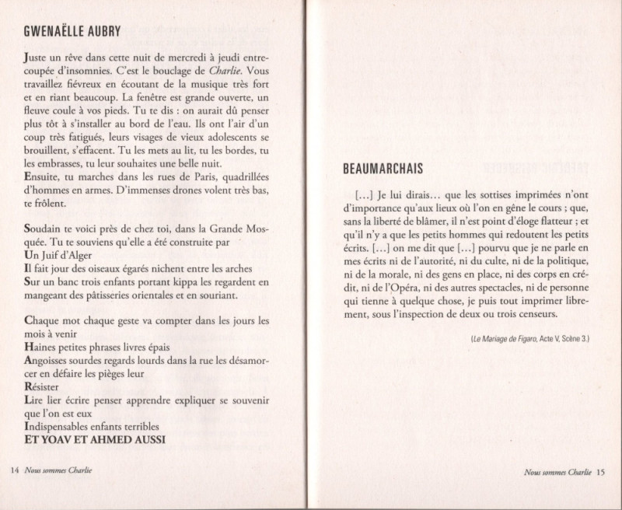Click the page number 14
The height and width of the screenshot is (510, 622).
pos(14,471)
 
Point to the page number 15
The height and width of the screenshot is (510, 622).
pos(600,471)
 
